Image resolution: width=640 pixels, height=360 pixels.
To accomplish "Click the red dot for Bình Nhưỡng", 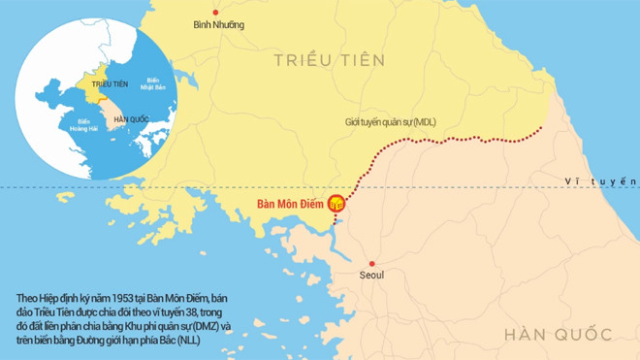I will pyautogui.click(x=216, y=12).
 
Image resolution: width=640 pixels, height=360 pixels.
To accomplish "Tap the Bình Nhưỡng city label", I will pyautogui.click(x=218, y=24).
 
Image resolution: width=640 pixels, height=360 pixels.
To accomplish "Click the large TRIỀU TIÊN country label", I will pyautogui.click(x=329, y=60).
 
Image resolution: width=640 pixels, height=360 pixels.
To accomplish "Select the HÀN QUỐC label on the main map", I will pyautogui.click(x=558, y=335).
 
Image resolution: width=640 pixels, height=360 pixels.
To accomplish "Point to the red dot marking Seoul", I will pyautogui.click(x=371, y=264).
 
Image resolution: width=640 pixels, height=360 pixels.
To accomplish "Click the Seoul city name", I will pyautogui.click(x=371, y=276).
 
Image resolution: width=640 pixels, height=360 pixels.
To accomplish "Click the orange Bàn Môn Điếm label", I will pyautogui.click(x=288, y=205).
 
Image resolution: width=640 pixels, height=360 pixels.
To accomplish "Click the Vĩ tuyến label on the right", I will pyautogui.click(x=601, y=181).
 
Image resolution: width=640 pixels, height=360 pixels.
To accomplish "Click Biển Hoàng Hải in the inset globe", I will pyautogui.click(x=75, y=124).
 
